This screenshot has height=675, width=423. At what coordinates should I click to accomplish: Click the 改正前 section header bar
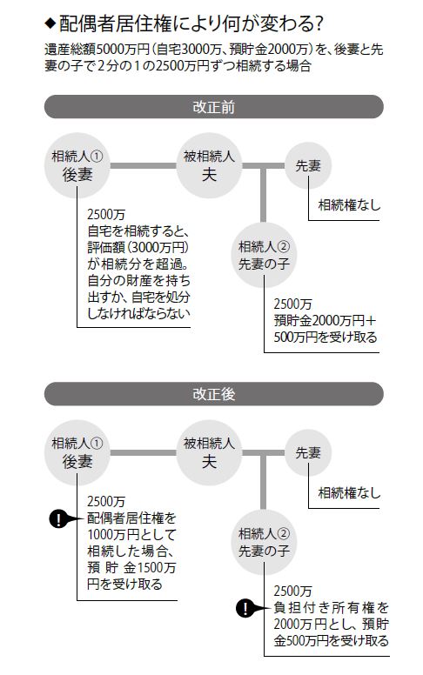coord(213,107)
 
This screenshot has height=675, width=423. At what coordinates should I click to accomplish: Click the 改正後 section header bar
coord(213,394)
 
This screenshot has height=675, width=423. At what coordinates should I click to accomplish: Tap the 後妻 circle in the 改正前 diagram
coord(77,166)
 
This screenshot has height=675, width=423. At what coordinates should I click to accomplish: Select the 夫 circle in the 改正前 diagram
coord(210,166)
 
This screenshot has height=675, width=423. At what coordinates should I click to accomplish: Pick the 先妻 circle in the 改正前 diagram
coord(308,166)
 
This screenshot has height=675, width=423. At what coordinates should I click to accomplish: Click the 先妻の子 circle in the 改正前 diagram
coord(264,255)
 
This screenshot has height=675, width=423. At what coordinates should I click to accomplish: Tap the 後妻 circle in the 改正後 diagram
coord(77,453)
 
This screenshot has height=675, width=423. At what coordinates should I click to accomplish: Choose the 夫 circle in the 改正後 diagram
coord(210,453)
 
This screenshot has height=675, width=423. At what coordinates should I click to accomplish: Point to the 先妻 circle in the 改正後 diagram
coord(308,453)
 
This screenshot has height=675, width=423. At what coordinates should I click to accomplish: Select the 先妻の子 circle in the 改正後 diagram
coord(264,542)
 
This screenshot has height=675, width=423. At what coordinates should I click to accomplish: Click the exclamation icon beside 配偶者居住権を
coord(57,518)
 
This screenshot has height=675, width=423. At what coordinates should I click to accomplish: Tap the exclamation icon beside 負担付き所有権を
coord(245,608)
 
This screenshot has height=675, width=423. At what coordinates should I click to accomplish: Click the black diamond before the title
coord(50,23)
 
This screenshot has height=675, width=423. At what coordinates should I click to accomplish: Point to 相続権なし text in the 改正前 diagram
coord(349,205)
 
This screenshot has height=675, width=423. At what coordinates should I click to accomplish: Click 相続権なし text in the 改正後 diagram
coord(349,492)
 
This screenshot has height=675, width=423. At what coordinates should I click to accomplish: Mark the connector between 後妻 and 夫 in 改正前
coord(144,166)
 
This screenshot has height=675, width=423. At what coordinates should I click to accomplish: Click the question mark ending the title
coord(319,24)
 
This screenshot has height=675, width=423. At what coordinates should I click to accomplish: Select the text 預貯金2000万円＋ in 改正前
coord(325,321)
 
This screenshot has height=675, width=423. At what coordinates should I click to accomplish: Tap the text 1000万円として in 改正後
coord(131,535)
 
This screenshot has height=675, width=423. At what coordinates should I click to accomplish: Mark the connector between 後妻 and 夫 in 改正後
coord(144,453)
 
